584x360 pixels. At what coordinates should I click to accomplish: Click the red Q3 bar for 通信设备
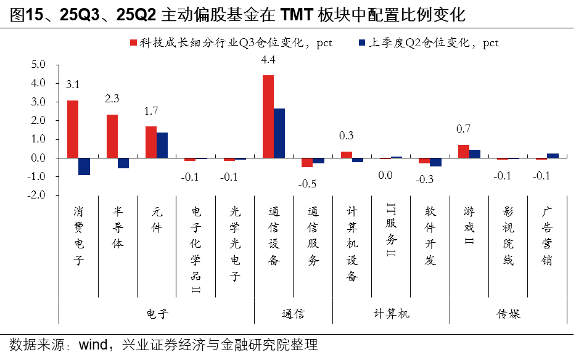pyautogui.click(x=268, y=117)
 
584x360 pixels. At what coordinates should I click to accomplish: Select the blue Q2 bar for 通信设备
pyautogui.click(x=279, y=133)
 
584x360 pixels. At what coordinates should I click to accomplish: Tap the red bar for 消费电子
pyautogui.click(x=73, y=129)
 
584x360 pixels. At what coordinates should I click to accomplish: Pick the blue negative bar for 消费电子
pyautogui.click(x=84, y=166)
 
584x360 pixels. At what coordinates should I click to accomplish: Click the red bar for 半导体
pyautogui.click(x=112, y=136)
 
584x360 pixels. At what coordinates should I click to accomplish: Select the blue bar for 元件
pyautogui.click(x=162, y=145)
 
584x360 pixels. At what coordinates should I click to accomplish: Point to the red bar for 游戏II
pyautogui.click(x=463, y=151)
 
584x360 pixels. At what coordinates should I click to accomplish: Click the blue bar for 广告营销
pyautogui.click(x=553, y=156)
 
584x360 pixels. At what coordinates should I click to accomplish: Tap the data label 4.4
pyautogui.click(x=268, y=60)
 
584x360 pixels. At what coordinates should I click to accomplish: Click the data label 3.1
pyautogui.click(x=73, y=85)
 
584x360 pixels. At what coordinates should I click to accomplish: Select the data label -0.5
pyautogui.click(x=307, y=184)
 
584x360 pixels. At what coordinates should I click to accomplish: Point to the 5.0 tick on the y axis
pyautogui.click(x=38, y=64)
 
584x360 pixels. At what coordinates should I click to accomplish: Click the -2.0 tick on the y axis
pyautogui.click(x=37, y=195)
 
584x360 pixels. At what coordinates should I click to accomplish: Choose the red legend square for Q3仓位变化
pyautogui.click(x=133, y=43)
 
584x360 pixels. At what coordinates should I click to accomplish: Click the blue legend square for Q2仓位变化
pyautogui.click(x=362, y=43)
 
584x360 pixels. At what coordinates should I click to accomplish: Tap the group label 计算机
pyautogui.click(x=391, y=314)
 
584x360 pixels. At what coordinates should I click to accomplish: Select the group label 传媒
pyautogui.click(x=508, y=314)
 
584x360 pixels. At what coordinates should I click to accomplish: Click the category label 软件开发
pyautogui.click(x=430, y=235)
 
